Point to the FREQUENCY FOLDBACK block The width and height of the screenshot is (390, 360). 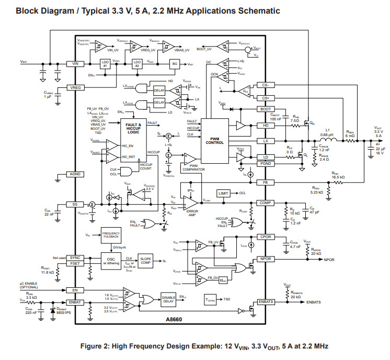click(111, 237)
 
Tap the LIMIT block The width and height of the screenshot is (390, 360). click(223, 194)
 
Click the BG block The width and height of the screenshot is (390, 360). click(175, 63)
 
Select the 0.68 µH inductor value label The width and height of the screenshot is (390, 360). click(327, 134)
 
